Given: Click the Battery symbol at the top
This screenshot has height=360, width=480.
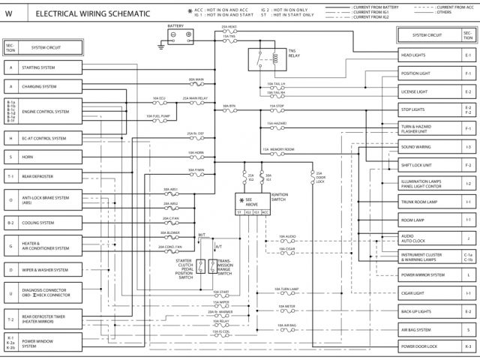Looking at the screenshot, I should coord(181,34).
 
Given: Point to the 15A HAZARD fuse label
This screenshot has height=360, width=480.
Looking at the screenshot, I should coord(276,122).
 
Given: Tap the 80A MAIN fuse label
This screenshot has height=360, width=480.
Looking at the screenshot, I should coord(196,79).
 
